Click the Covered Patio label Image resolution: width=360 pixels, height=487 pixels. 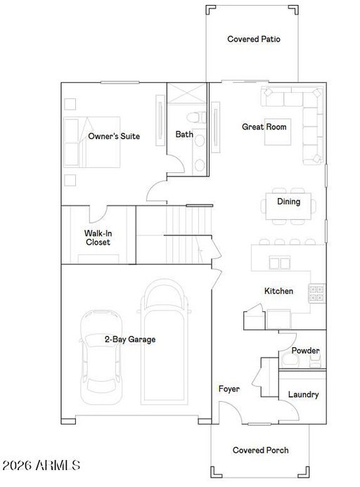point(254,39)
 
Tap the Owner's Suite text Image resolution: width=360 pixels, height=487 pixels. point(114,136)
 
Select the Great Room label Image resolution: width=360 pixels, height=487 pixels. point(264,126)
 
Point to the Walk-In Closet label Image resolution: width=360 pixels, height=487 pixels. point(98,238)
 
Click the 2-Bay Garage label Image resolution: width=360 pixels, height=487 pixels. point(130,339)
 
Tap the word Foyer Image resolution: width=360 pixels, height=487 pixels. point(229,389)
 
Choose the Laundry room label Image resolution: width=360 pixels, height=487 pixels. point(304,394)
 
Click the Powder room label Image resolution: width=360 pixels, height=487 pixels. point(305,351)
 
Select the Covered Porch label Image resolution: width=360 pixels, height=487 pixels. point(261,450)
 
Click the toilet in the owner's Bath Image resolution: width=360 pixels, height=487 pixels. point(196,117)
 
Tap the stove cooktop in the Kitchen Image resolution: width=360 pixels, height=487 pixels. point(316,293)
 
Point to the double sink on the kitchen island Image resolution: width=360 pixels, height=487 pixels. point(279,262)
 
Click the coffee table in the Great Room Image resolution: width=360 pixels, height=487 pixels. point(278,131)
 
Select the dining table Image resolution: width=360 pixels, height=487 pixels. point(288,206)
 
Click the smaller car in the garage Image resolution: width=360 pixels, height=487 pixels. point(101,357)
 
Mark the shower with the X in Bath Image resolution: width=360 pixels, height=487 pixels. point(186,93)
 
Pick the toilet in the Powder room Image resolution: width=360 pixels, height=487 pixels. point(290,361)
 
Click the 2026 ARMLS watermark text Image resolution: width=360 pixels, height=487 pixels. point(41,465)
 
